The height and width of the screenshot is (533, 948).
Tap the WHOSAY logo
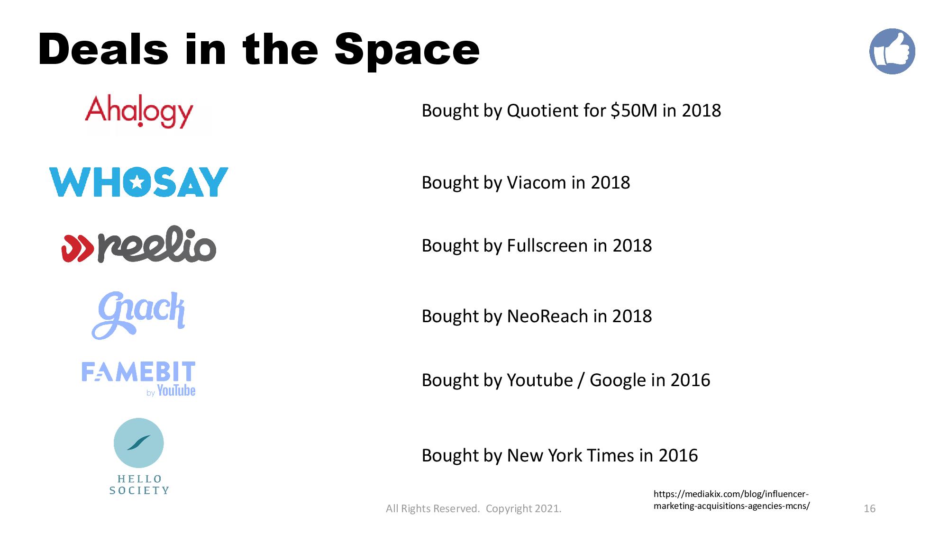click(x=139, y=182)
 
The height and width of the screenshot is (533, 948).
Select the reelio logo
click(x=139, y=244)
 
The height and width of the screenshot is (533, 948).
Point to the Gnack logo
click(x=138, y=315)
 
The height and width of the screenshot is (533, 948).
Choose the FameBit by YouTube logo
click(x=138, y=379)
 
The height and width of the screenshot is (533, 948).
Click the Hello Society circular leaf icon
click(x=139, y=443)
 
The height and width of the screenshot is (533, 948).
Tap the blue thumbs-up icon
click(x=892, y=51)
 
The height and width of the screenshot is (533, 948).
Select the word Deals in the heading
click(x=103, y=50)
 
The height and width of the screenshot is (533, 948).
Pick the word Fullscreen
click(x=547, y=245)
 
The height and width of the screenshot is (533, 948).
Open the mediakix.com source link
click(x=731, y=500)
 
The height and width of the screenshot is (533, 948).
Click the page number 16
click(x=869, y=508)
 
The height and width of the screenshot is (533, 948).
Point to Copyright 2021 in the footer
click(x=524, y=509)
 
